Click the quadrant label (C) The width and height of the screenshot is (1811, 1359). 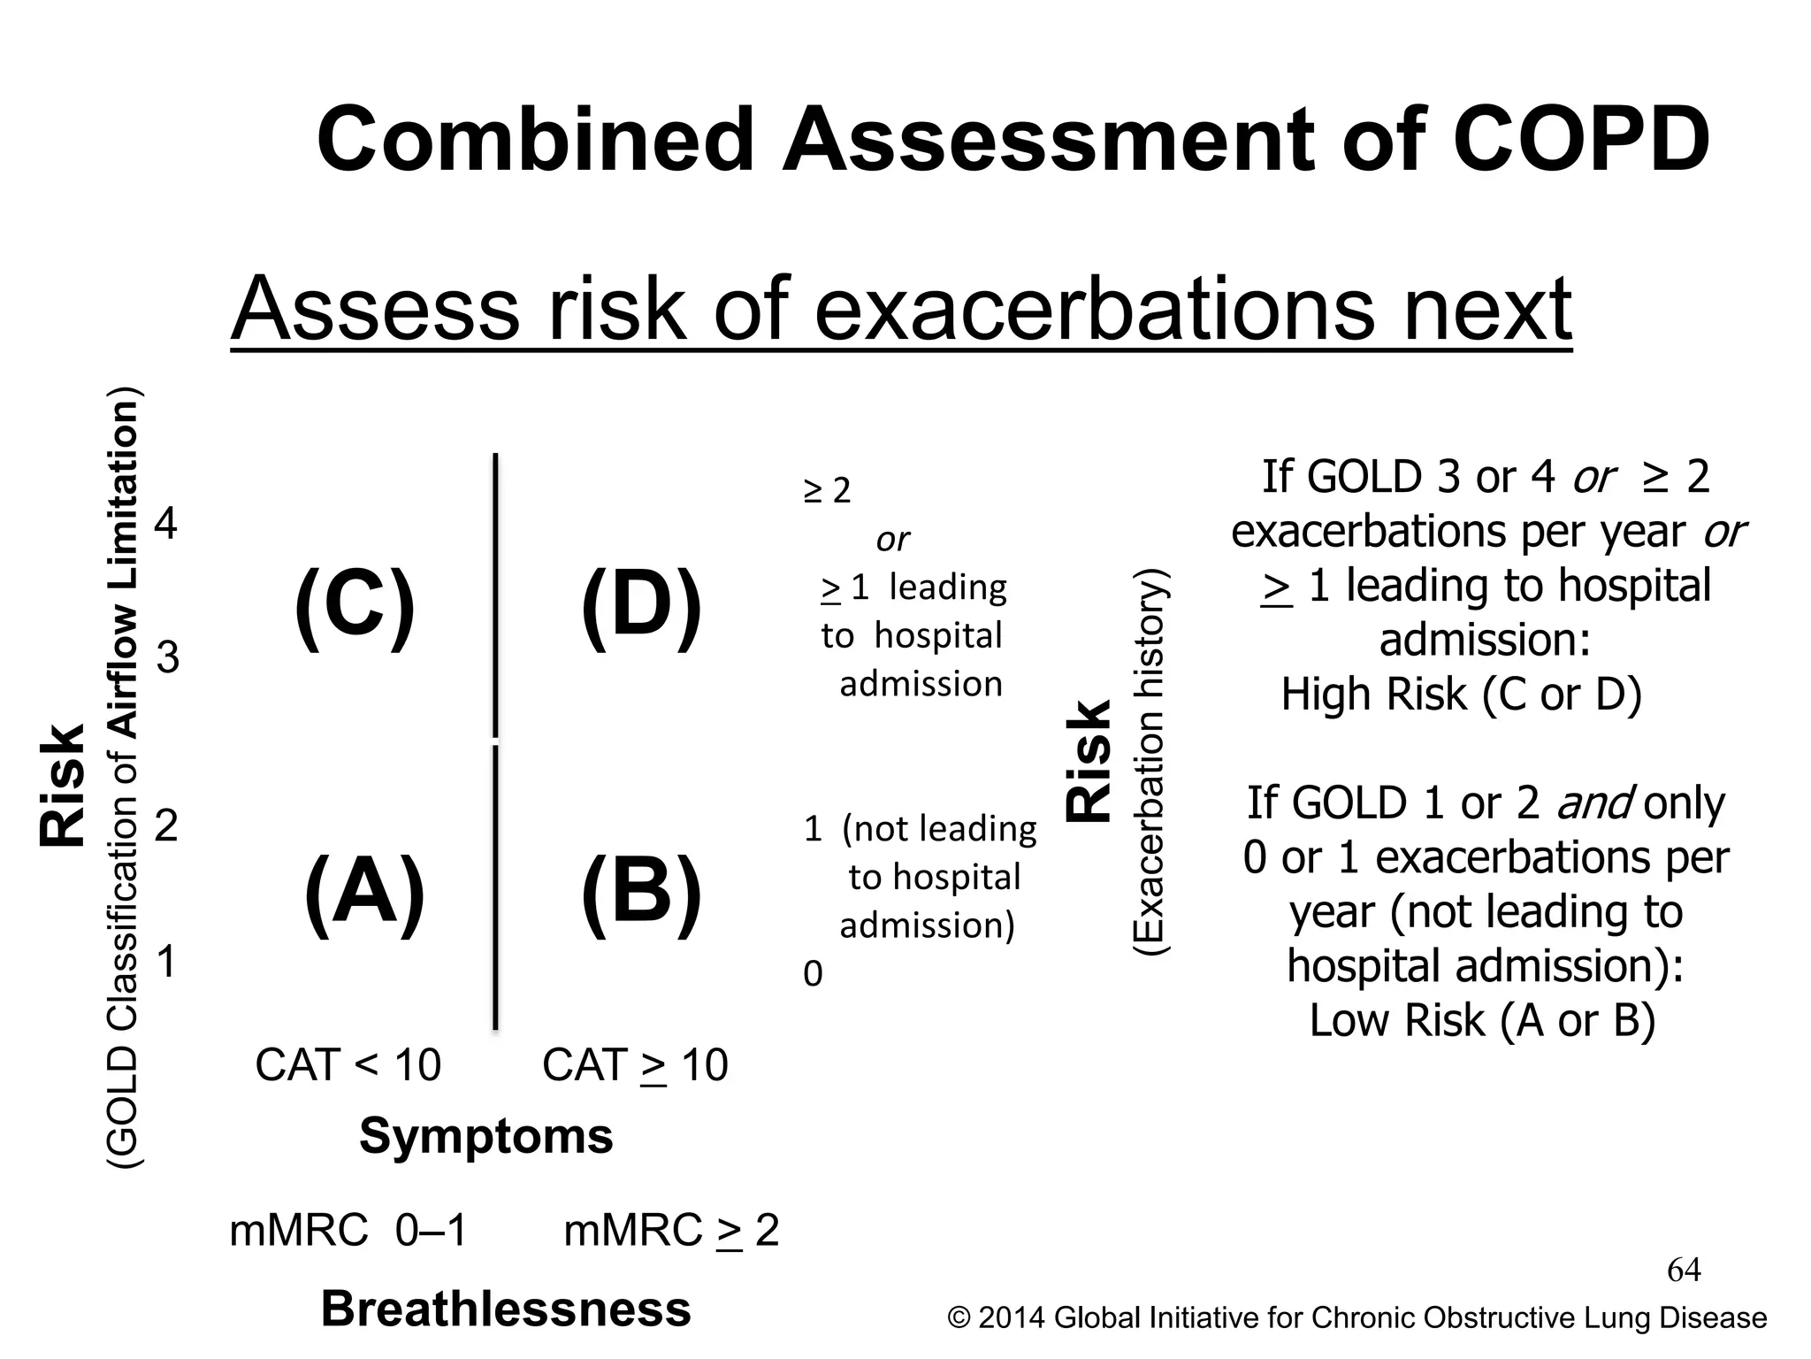[x=354, y=608]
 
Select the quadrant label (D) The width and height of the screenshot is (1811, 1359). [x=642, y=608]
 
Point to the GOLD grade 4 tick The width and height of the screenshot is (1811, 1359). [x=166, y=524]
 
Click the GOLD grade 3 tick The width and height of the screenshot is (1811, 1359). [x=167, y=657]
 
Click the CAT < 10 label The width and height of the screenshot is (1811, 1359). [x=348, y=1064]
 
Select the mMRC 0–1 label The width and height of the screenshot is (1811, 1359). [x=348, y=1231]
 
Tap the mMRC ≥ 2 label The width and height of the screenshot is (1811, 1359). [x=671, y=1231]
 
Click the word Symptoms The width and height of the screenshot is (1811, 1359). [x=485, y=1135]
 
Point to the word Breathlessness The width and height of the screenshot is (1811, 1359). [x=505, y=1309]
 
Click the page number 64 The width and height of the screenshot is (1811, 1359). [x=1684, y=1271]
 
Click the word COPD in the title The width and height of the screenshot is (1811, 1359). [x=1581, y=140]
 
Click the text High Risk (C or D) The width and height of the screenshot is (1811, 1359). [x=1461, y=694]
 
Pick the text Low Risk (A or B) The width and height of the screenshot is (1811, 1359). [x=1482, y=1020]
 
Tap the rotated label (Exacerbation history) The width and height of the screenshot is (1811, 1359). [x=1152, y=761]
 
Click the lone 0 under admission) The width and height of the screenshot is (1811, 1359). [x=813, y=974]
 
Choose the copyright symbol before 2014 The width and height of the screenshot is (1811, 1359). [x=959, y=1318]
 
